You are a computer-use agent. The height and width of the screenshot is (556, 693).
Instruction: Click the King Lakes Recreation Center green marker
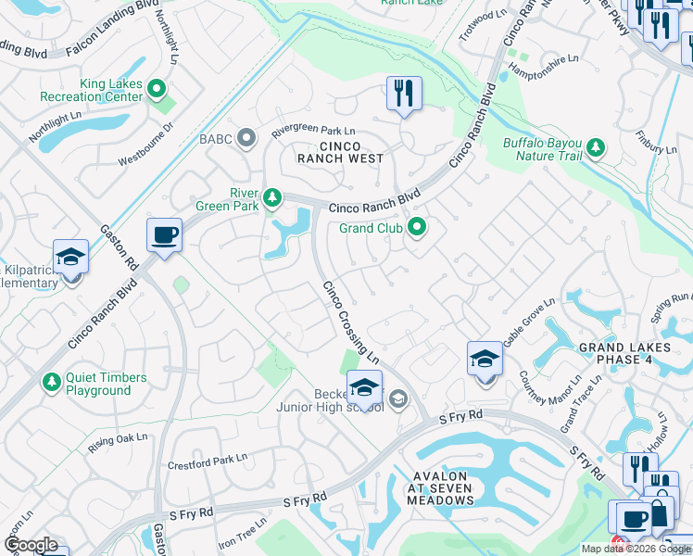[157, 90]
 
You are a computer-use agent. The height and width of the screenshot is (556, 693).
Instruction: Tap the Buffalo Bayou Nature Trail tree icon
[595, 146]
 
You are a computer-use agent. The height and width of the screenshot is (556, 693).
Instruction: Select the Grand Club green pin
[418, 227]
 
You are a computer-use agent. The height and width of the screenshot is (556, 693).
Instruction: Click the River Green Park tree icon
[271, 196]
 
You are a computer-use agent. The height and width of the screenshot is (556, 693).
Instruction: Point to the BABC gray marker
[246, 138]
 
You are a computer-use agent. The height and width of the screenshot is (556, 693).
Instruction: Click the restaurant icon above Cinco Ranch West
[404, 94]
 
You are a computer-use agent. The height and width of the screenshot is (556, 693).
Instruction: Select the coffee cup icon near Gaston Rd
[164, 235]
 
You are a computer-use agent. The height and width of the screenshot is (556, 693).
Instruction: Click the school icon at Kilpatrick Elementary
[70, 259]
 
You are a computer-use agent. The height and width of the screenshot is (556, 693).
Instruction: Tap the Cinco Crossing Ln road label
[350, 321]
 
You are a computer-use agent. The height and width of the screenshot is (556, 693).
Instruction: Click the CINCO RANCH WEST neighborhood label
[340, 152]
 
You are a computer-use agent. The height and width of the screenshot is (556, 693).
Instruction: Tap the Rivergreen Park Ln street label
[313, 132]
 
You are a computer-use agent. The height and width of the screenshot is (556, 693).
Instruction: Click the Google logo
[30, 545]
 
